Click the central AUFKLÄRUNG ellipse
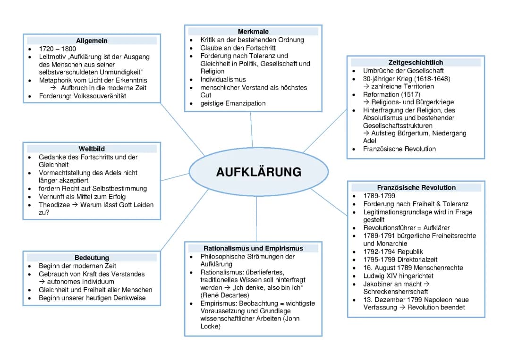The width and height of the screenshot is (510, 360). click(258, 172)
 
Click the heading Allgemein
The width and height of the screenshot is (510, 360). click(92, 41)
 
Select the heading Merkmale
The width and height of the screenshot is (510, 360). click(253, 32)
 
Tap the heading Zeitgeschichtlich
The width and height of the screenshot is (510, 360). click(416, 62)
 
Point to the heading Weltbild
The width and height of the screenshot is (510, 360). click(92, 149)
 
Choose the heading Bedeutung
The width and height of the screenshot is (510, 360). click(92, 258)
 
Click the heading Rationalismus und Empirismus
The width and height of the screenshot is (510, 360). click(253, 248)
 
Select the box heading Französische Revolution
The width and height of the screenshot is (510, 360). click(416, 187)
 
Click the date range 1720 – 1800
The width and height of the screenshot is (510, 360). click(57, 49)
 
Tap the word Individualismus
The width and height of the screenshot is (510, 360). click(223, 79)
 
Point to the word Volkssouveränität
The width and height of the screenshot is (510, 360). click(100, 96)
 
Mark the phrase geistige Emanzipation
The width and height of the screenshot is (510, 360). click(233, 103)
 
